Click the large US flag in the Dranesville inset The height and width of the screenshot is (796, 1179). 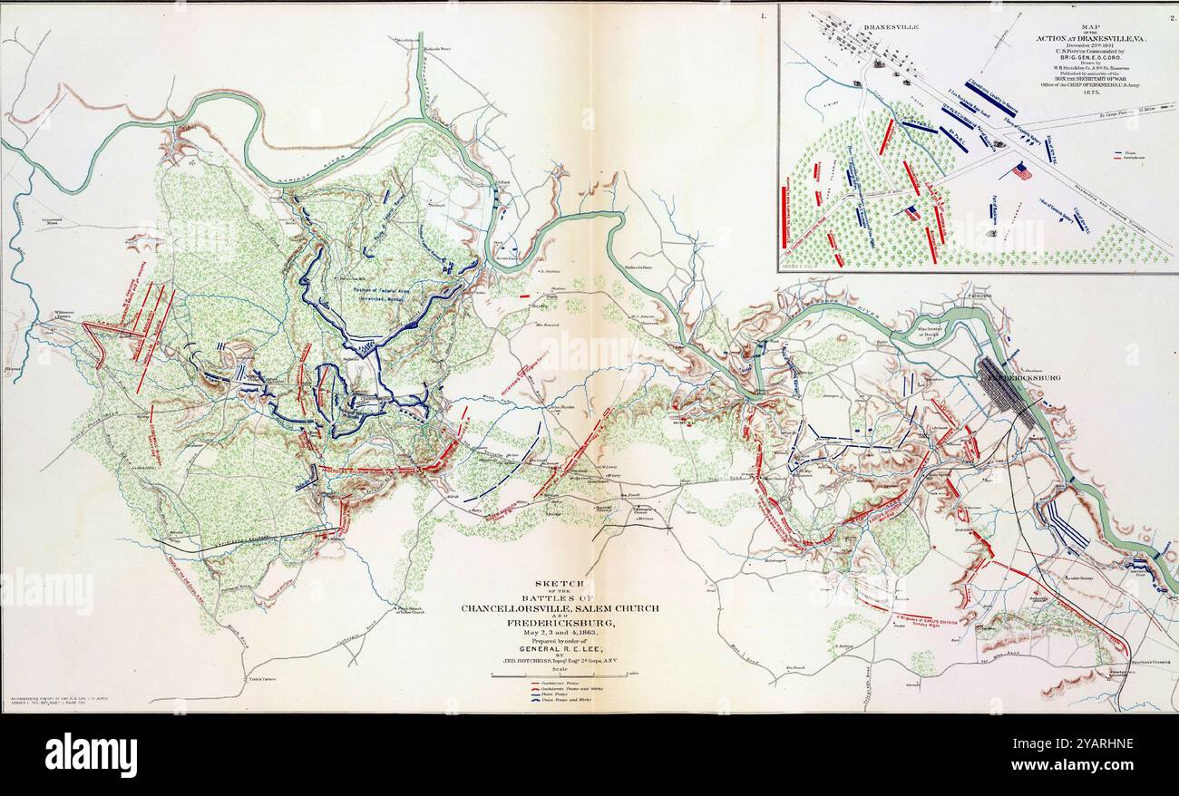(x=1022, y=170)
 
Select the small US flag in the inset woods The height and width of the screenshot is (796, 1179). (x=913, y=213)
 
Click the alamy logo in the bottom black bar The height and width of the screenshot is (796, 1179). (x=91, y=754)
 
